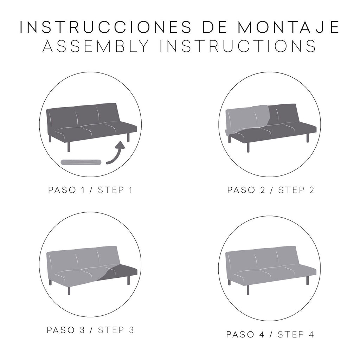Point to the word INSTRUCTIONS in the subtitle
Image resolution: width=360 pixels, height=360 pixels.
pyautogui.click(x=238, y=46)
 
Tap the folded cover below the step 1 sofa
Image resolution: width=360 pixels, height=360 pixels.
pyautogui.click(x=81, y=162)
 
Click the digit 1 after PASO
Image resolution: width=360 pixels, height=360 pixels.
pyautogui.click(x=83, y=190)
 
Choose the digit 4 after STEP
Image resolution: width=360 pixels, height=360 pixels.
pyautogui.click(x=311, y=334)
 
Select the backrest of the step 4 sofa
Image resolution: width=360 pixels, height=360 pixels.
pyautogui.click(x=262, y=258)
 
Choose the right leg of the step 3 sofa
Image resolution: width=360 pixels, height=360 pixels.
pyautogui.click(x=128, y=279)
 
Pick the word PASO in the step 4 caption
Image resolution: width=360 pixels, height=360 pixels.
pyautogui.click(x=240, y=334)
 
